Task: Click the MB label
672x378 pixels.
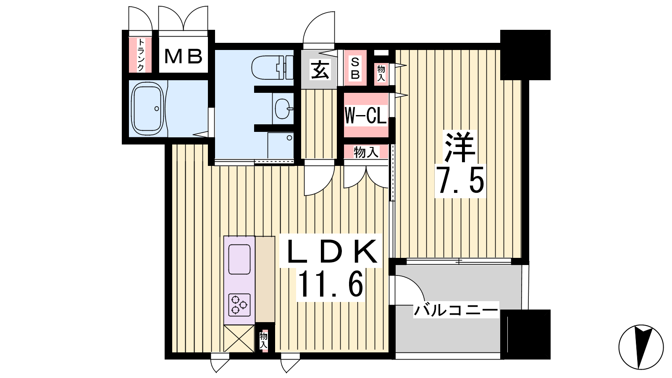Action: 183,56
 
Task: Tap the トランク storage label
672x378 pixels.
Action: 140,55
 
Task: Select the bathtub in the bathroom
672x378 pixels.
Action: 148,109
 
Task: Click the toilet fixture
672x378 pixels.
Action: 272,68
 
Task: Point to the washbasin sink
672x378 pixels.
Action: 283,108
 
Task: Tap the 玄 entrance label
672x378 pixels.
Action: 320,70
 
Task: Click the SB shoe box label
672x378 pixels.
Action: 355,69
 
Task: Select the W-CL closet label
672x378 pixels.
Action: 366,115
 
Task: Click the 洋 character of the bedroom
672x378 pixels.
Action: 459,147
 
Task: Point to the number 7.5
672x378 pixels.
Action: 460,180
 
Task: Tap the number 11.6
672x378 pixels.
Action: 331,283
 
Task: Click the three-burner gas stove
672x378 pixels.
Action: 239,305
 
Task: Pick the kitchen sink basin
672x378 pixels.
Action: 239,259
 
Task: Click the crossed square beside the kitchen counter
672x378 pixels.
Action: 239,339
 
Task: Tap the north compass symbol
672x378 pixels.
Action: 641,347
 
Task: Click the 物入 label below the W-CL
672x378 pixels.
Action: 366,152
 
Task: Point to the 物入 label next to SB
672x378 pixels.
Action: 381,73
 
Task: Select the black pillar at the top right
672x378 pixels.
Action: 525,55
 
